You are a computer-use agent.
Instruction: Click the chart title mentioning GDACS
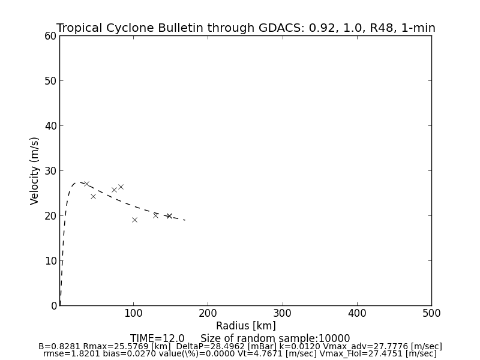[x=246, y=28]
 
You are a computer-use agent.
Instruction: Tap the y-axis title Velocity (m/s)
[x=35, y=170]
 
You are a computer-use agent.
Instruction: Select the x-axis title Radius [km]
[x=246, y=326]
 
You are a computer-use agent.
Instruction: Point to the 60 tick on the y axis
[x=50, y=36]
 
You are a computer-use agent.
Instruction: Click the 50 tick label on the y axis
[x=50, y=81]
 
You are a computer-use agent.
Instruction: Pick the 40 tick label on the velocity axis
[x=50, y=126]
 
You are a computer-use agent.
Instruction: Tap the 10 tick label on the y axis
[x=50, y=261]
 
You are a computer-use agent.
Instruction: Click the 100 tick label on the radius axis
[x=133, y=313]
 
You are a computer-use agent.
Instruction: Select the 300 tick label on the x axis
[x=282, y=313]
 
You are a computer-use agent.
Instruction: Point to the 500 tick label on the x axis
[x=431, y=313]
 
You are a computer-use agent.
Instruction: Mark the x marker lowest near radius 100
[x=134, y=220]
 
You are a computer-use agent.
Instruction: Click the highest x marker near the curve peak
[x=86, y=184]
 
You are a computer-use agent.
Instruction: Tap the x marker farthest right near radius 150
[x=169, y=216]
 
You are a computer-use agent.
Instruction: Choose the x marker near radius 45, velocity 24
[x=93, y=196]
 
